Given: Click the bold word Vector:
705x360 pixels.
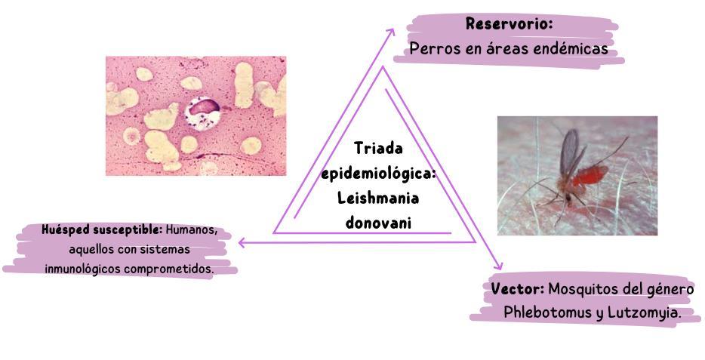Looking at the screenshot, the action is pos(517,289).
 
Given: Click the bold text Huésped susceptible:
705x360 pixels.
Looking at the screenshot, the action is pos(102,229).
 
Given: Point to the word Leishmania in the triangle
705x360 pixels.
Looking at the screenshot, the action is pos(377,198).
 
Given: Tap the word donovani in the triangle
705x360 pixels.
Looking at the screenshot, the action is pos(377,223).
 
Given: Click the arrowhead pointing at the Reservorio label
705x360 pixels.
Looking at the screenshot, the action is pos(391,32).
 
